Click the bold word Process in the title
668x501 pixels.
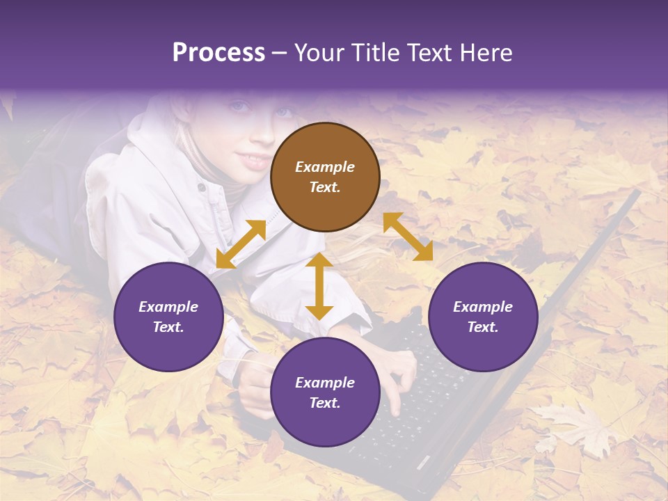pos(218,53)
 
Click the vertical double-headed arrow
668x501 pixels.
pos(319,286)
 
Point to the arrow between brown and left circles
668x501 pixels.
pos(241,244)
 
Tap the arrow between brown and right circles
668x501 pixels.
pos(408,237)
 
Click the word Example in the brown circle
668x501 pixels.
pos(325,167)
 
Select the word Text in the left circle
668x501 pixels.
pos(168,327)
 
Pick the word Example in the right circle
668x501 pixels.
pos(483,307)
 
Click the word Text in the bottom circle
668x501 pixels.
pos(325,403)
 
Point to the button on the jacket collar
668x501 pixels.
pos(201,187)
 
